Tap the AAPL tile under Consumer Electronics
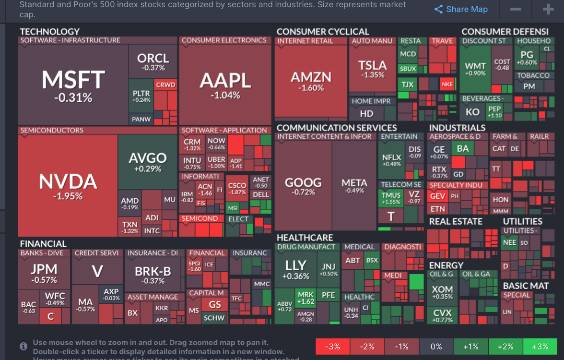pyautogui.click(x=225, y=84)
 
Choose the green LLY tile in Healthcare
pyautogui.click(x=295, y=269)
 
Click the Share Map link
pyautogui.click(x=460, y=10)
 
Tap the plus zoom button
pyautogui.click(x=548, y=10)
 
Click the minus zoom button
pyautogui.click(x=516, y=10)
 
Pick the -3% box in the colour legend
pyautogui.click(x=333, y=347)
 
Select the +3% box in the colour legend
pyautogui.click(x=540, y=347)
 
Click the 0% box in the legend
pyautogui.click(x=436, y=347)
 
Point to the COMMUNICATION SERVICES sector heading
pyautogui.click(x=337, y=128)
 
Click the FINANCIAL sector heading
pyautogui.click(x=43, y=243)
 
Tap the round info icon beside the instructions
pyautogui.click(x=23, y=346)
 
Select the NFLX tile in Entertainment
pyautogui.click(x=391, y=160)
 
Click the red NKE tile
pyautogui.click(x=447, y=84)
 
